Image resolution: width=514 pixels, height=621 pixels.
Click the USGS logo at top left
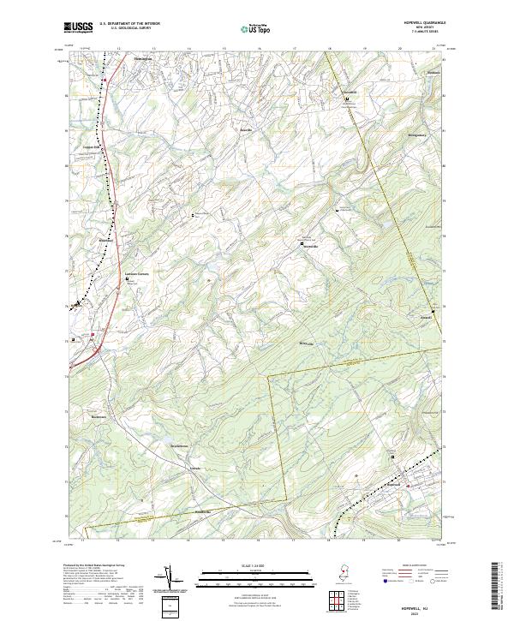78,28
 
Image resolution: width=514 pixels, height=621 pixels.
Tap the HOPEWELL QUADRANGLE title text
417,23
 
